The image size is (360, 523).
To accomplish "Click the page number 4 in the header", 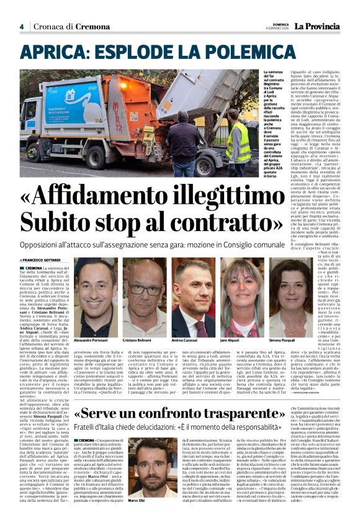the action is coord(22,27).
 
